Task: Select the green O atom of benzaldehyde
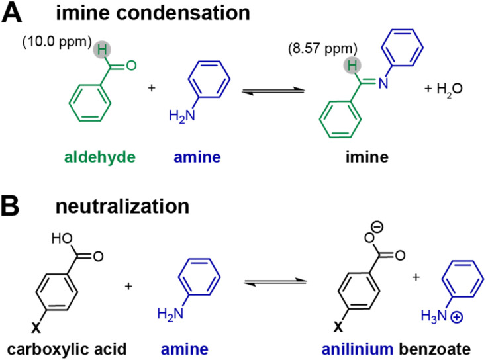tap(130, 65)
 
